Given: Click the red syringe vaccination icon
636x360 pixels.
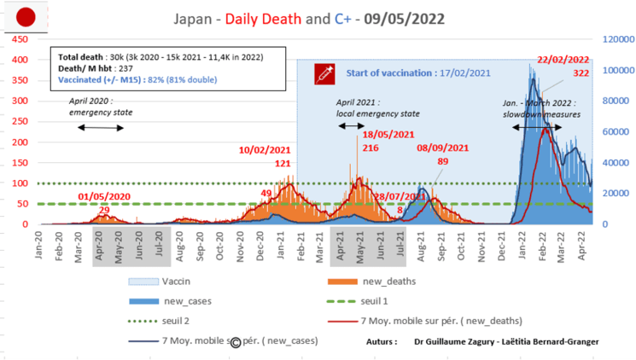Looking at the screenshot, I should pos(324,74).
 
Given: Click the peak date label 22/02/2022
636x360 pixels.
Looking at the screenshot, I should pos(563,60).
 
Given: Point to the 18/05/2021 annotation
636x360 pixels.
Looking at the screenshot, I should pos(388,134).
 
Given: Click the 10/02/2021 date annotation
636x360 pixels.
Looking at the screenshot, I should pos(265,150).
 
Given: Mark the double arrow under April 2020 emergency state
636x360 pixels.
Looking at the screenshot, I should pos(100,128).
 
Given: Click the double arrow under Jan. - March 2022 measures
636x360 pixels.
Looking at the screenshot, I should pos(537,128).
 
